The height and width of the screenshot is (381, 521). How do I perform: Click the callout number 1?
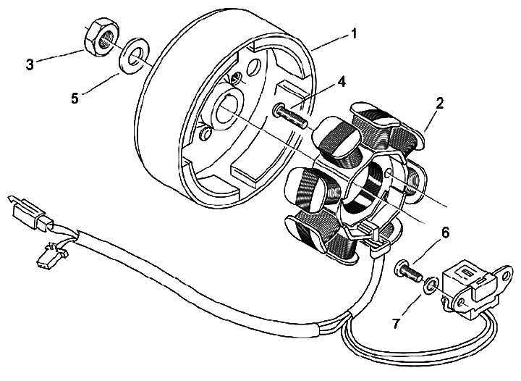tap(354, 32)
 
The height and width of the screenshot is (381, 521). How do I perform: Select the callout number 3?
tap(30, 64)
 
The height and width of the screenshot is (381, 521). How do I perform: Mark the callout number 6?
tap(445, 233)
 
